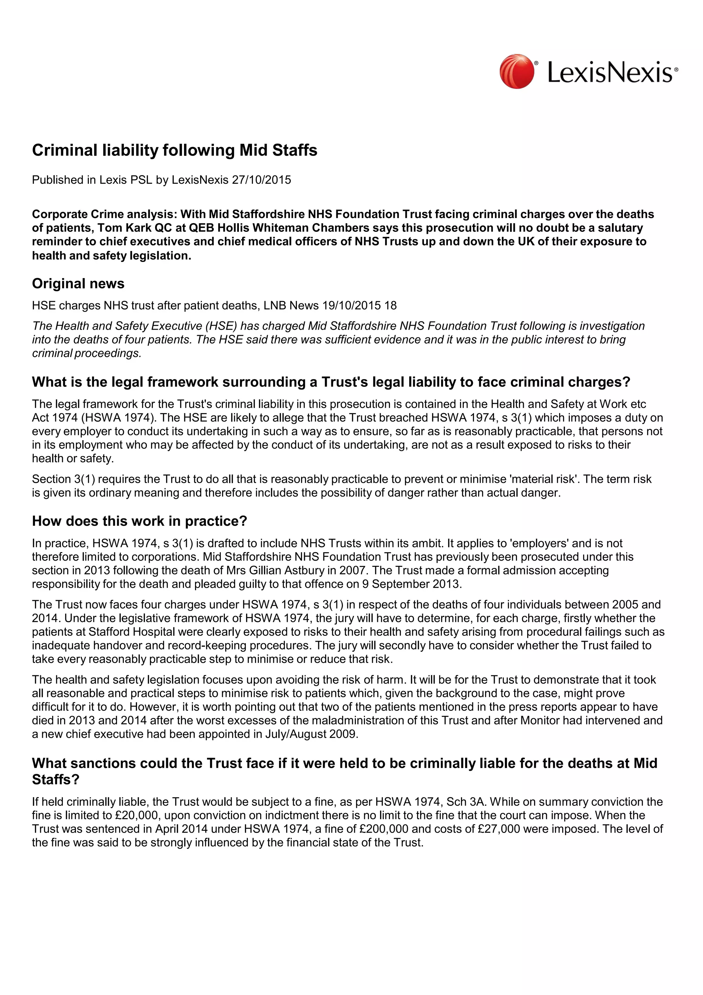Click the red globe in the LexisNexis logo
point(516,71)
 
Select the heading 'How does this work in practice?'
point(139,521)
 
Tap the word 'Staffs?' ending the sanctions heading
point(56,780)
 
